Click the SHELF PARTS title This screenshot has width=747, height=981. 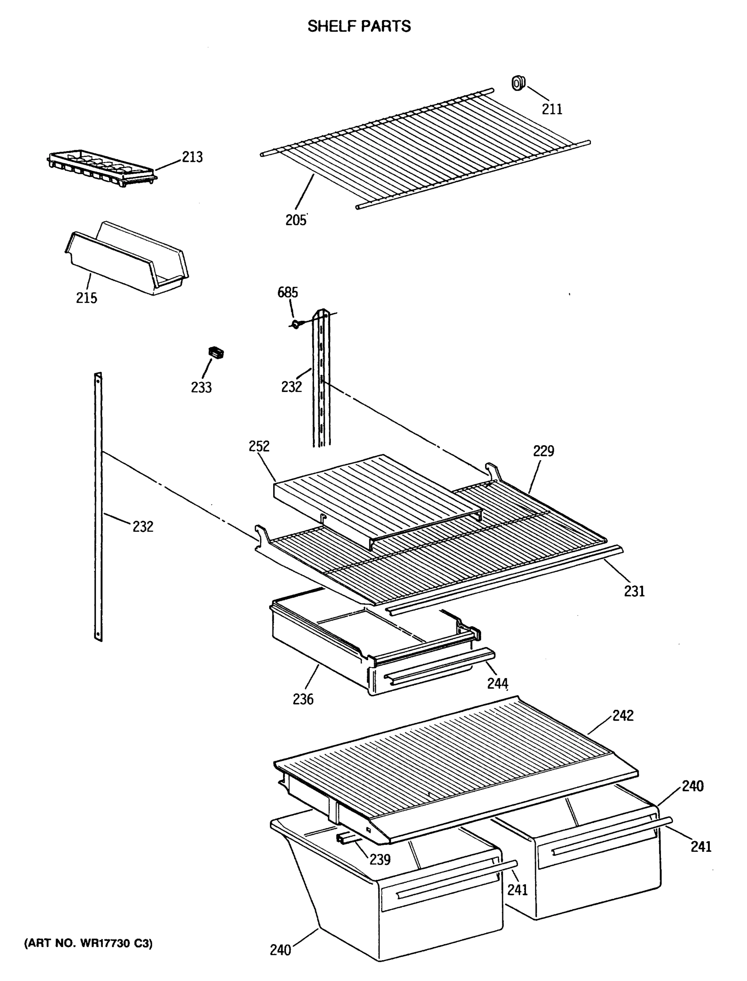pos(359,27)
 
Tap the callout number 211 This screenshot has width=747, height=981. pos(552,109)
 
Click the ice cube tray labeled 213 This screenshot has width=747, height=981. pos(101,166)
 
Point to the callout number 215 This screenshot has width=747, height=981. pos(86,298)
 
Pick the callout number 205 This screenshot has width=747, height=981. pos(296,220)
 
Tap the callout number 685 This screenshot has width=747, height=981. pos(288,292)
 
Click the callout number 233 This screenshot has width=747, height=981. pos(201,387)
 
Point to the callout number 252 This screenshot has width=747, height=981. pos(259,446)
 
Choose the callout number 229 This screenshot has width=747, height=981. pos(543,451)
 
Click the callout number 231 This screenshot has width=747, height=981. pos(634,591)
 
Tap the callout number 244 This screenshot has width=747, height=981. pos(497,683)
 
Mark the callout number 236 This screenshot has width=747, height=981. pos(303,699)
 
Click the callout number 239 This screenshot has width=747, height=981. pos(380,860)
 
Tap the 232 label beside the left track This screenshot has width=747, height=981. pos(143,527)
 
